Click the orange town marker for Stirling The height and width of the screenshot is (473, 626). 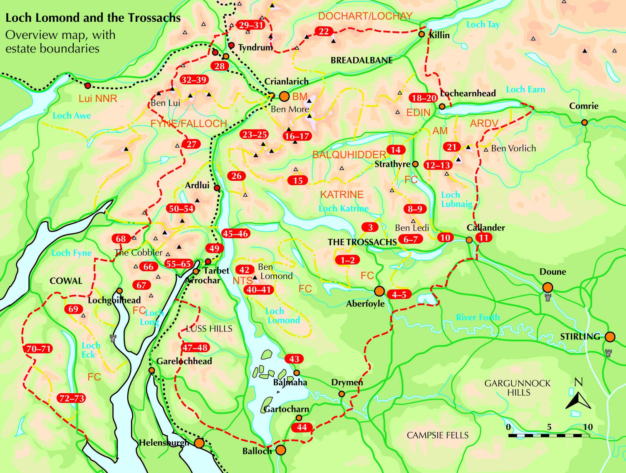pos(610,336)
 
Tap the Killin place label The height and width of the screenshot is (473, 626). pos(439,35)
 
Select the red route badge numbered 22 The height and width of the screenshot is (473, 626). pos(324,31)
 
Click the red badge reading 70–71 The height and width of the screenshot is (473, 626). pos(39,349)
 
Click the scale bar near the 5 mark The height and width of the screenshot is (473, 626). pos(549,435)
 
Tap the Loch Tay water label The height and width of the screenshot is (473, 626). pos(483,25)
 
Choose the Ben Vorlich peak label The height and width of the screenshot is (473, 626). pos(513,148)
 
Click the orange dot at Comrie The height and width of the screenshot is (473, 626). pos(584,122)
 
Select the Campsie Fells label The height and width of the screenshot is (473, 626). pos(437,435)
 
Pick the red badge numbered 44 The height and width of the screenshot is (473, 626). pos(302,427)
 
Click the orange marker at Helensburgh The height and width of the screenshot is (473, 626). pos(199,443)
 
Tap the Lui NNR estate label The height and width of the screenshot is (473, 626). pos(98,99)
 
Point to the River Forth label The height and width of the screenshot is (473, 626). pos(477,317)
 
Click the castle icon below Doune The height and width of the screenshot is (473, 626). pos(548,298)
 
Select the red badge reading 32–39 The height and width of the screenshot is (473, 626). pos(194,80)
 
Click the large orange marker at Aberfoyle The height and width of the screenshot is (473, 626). pos(379,291)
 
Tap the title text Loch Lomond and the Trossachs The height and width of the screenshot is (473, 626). pos(93,18)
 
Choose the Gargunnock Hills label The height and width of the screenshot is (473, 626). pos(517,388)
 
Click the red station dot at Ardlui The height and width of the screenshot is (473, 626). pos(217,188)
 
